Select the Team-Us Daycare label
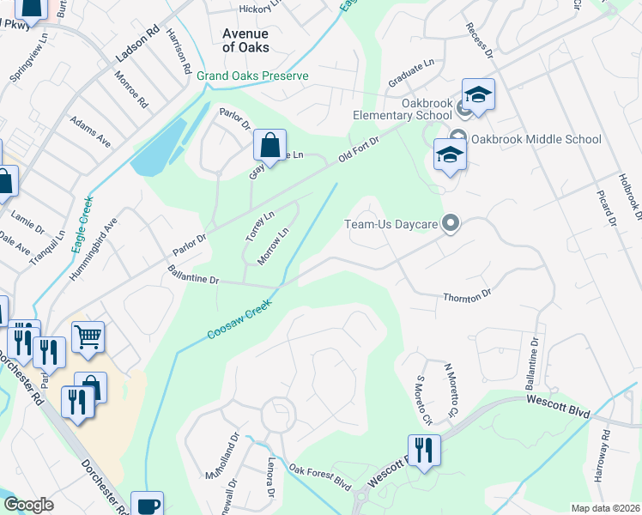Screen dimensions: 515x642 tap(391, 225)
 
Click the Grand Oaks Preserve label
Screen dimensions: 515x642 tap(251, 76)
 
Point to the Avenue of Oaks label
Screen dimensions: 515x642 tap(245, 40)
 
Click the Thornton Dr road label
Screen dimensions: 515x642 tap(466, 295)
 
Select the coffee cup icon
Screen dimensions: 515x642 tap(147, 505)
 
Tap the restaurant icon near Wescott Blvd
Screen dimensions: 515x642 tap(423, 450)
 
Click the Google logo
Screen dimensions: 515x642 tap(28, 505)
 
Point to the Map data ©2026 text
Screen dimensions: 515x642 tap(605, 508)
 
